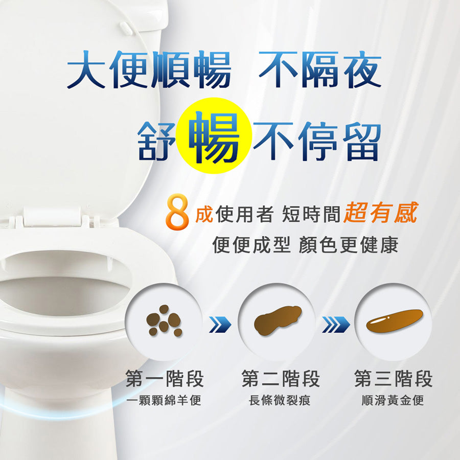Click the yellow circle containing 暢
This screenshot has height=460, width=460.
coord(214,136)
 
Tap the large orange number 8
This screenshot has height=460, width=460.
coord(177,212)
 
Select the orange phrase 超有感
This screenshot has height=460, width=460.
coord(381,213)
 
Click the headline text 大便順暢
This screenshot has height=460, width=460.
coord(149,70)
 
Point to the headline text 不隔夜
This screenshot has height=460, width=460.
coord(320,70)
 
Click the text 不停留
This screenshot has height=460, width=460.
coord(317,142)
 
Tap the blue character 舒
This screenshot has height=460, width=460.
coord(157,142)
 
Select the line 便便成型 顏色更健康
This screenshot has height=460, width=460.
coord(305,245)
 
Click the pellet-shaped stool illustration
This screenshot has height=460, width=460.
coord(164,320)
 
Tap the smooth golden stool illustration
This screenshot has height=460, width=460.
coord(395,321)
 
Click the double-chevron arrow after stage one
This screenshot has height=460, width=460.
coord(220,325)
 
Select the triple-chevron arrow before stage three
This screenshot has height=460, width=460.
coord(336,325)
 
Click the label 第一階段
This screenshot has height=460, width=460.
coord(165,379)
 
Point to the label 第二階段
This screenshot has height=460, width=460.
coord(281,379)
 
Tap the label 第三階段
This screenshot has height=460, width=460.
coord(394,379)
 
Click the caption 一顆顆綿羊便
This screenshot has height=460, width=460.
coord(164,400)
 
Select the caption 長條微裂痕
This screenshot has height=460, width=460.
coord(280,400)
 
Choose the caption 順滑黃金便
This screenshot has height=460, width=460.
coord(393,400)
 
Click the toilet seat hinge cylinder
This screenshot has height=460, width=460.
coord(52,216)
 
